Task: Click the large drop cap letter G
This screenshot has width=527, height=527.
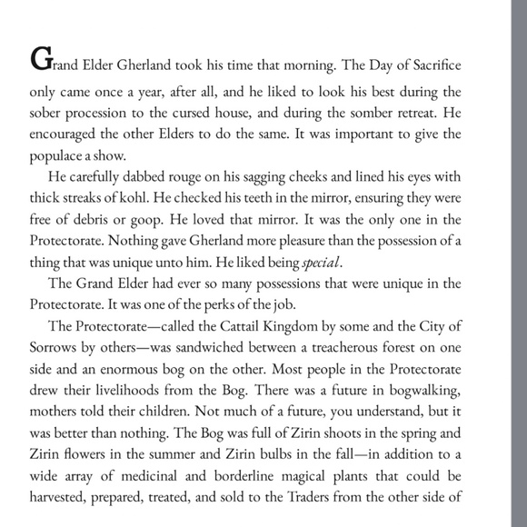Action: [x=40, y=59]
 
